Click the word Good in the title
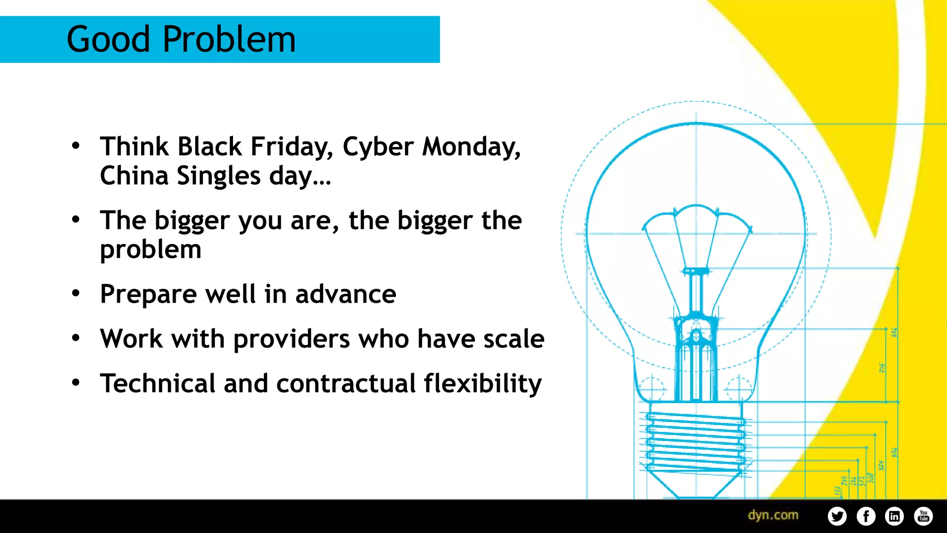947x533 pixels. (109, 39)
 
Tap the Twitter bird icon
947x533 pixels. (837, 516)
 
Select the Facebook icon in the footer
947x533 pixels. (866, 516)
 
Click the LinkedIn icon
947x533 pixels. (894, 516)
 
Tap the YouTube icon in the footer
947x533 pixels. (923, 516)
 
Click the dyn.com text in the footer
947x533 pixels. (773, 515)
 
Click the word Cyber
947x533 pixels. (378, 147)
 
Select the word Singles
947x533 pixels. (219, 176)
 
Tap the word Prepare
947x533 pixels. (148, 295)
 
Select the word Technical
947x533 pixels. (158, 384)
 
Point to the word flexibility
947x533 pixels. (483, 384)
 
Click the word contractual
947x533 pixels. (346, 384)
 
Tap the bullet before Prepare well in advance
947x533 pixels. (76, 293)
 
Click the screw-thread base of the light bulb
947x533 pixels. (696, 442)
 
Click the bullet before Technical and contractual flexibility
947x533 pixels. (76, 383)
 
